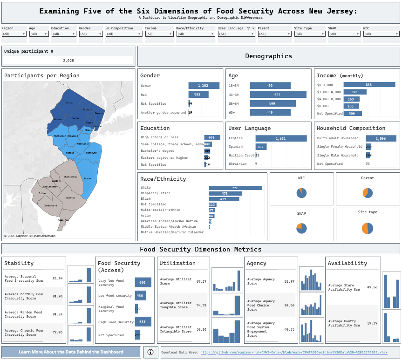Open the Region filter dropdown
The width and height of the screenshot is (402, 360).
14,34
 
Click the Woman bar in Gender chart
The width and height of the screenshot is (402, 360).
204,86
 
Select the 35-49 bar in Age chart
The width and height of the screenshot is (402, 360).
278,95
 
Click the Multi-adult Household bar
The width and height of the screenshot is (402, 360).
381,138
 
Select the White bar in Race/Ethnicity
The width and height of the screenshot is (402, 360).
235,188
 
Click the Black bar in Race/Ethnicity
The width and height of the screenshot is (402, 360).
224,199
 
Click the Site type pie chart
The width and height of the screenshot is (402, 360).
368,228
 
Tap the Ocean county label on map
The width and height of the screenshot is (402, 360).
87,178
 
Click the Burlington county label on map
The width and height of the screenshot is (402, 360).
70,177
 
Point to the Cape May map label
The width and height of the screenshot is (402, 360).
63,220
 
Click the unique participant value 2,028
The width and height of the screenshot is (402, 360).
68,61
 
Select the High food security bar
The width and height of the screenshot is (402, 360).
143,322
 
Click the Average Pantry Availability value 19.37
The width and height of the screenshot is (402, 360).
372,323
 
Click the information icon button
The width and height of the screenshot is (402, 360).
150,352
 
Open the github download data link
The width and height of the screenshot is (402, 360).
294,353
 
